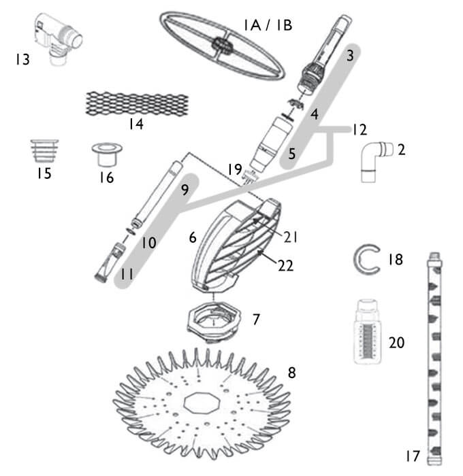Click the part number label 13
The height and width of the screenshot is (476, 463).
(x=22, y=60)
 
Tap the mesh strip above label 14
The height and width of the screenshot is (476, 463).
(x=135, y=103)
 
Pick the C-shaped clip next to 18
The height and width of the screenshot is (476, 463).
(x=366, y=259)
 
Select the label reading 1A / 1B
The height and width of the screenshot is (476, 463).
(x=268, y=25)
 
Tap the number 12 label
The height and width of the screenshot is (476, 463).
(x=359, y=129)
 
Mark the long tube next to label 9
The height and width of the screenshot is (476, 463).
(x=156, y=194)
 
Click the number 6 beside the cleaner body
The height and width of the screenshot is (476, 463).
(x=193, y=237)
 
